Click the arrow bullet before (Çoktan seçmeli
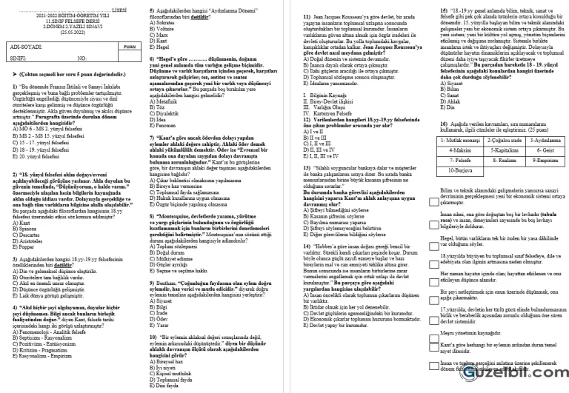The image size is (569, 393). coord(16,75)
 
